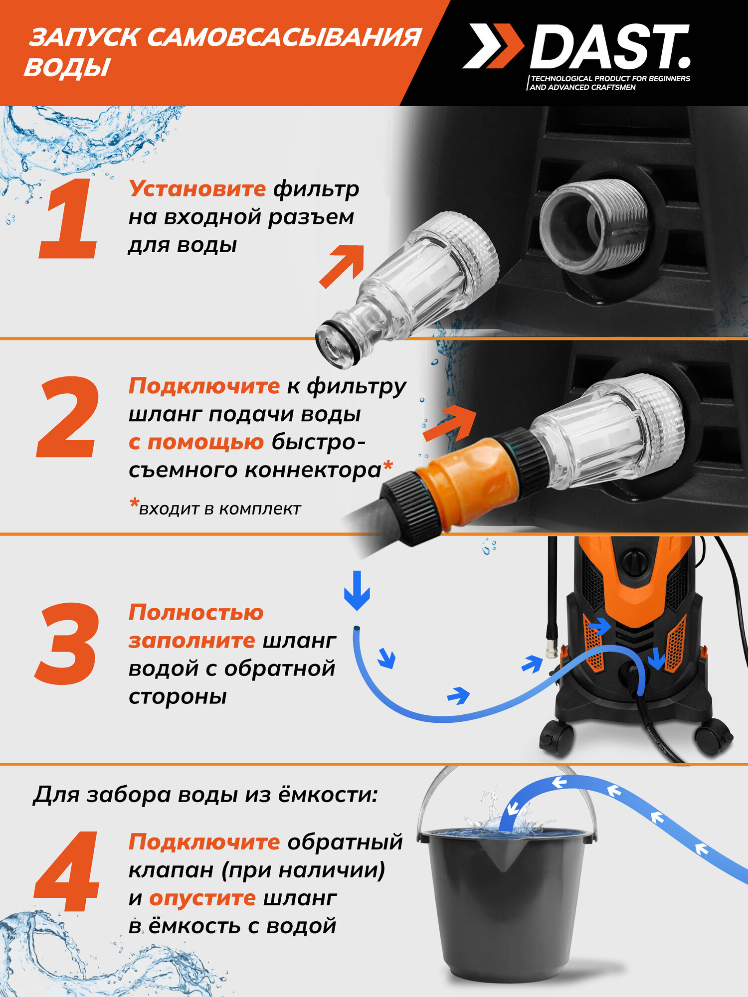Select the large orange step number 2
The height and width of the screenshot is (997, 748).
pos(67,417)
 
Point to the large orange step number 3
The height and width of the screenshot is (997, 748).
pos(67,643)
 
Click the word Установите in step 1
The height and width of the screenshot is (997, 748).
pos(197,189)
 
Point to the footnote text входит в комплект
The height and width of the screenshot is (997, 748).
pos(219,509)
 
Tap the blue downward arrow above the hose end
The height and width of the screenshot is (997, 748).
pos(357,591)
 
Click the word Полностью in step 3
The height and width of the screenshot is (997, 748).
pos(196,613)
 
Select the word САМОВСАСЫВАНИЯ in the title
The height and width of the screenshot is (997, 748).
pos(284,37)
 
